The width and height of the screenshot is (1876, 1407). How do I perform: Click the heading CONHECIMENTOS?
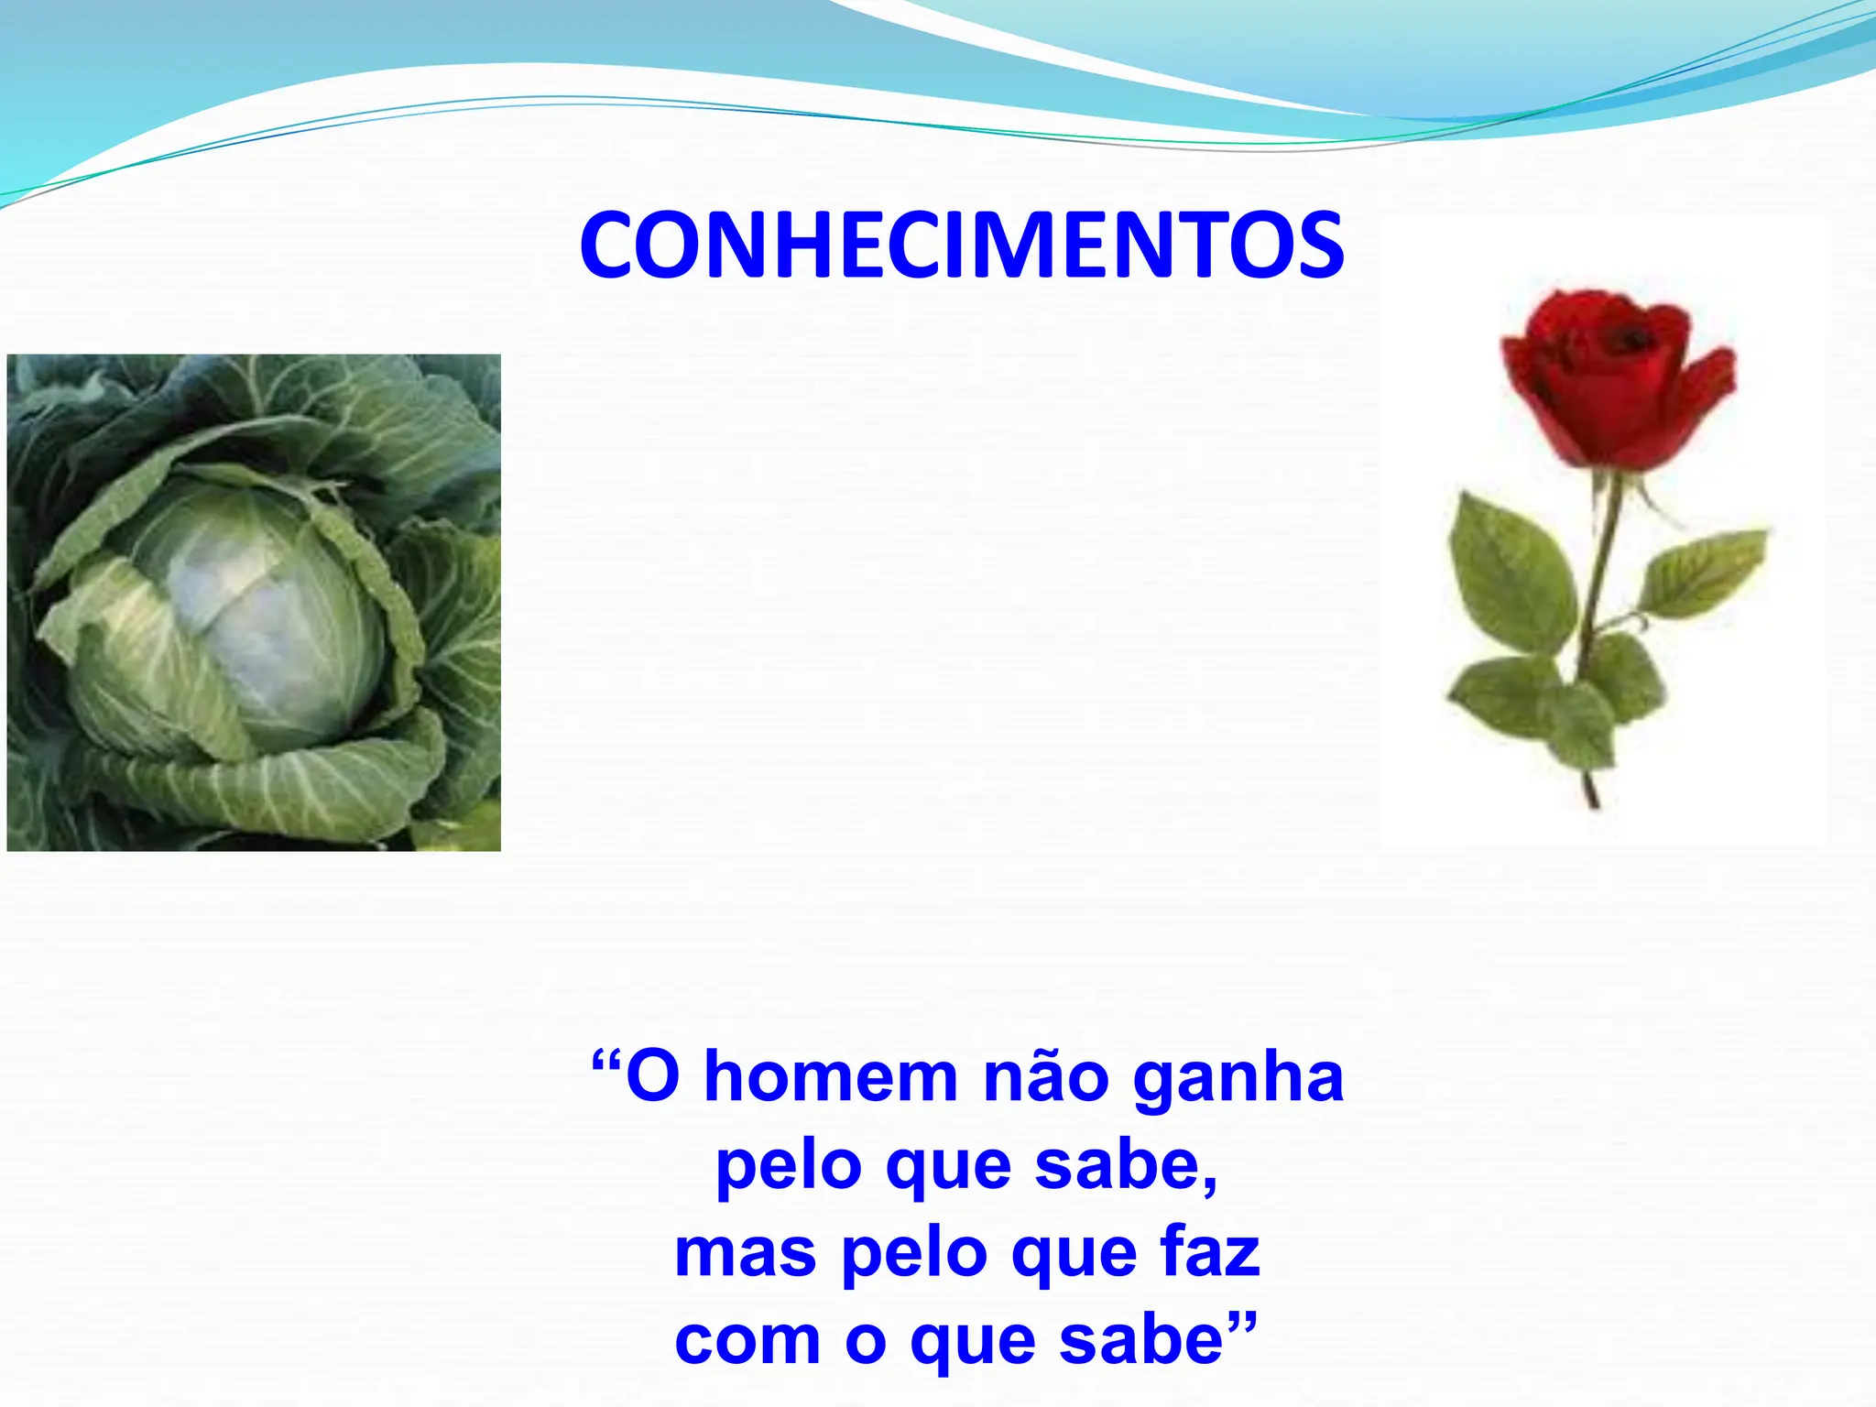point(962,245)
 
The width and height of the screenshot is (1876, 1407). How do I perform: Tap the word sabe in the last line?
point(1140,1339)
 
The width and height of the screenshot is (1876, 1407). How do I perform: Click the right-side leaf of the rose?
point(1704,573)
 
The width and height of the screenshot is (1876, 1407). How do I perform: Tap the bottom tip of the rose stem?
point(1595,802)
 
